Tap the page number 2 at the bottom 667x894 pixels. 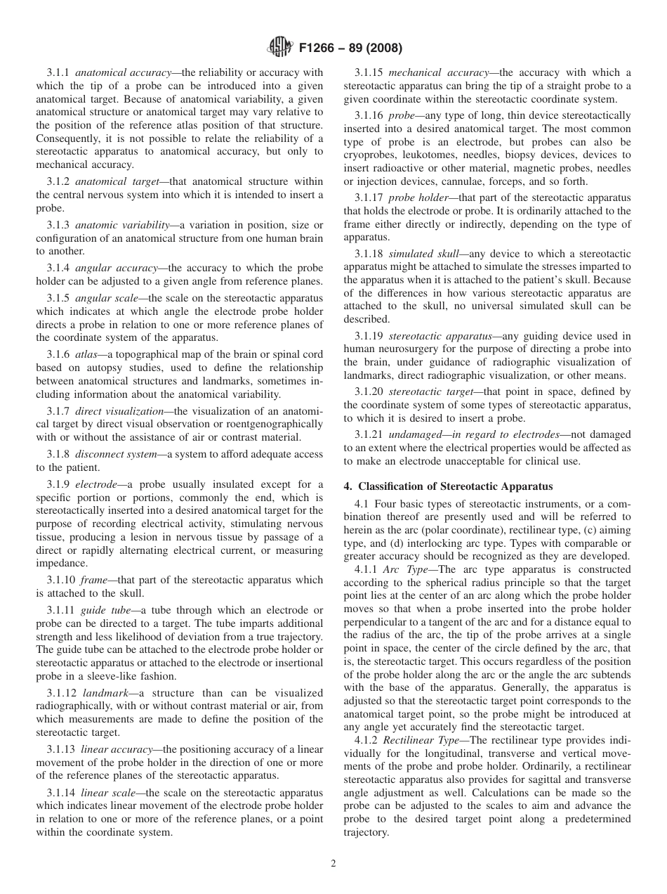coord(333,864)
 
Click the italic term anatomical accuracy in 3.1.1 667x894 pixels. coord(123,72)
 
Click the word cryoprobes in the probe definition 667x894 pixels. coord(371,155)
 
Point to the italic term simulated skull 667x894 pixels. coord(420,253)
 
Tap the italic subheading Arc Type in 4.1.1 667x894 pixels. coord(404,570)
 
